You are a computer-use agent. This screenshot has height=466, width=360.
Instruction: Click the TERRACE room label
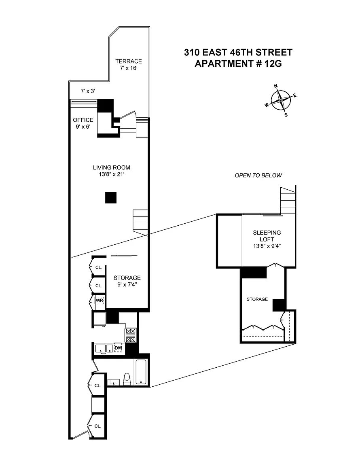[x=128, y=61]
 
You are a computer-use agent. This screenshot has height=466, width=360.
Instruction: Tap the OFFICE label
[x=83, y=120]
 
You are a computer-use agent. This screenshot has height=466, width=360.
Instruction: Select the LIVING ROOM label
[x=112, y=167]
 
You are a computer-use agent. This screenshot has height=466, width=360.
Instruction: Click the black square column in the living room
[x=111, y=198]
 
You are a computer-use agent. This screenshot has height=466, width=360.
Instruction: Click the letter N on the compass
[x=275, y=87]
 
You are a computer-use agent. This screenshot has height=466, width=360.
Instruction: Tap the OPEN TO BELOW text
[x=258, y=175]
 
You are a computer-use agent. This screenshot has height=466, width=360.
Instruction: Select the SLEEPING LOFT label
[x=267, y=236]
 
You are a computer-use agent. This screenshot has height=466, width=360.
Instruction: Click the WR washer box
[x=99, y=301]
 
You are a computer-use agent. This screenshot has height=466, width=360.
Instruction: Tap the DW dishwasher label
[x=119, y=348]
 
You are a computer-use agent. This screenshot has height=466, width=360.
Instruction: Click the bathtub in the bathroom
[x=141, y=372]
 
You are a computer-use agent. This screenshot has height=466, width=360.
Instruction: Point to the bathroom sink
[x=113, y=382]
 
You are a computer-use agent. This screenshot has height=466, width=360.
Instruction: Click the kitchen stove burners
[x=131, y=335]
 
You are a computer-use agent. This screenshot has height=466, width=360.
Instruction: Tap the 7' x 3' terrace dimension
[x=88, y=91]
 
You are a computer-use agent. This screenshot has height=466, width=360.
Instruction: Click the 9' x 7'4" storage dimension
[x=127, y=284]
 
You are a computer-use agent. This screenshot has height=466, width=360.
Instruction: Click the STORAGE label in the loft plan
[x=257, y=299]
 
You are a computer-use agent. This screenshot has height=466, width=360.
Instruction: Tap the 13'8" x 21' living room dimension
[x=112, y=174]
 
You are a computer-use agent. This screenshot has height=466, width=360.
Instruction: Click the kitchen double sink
[x=104, y=349]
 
